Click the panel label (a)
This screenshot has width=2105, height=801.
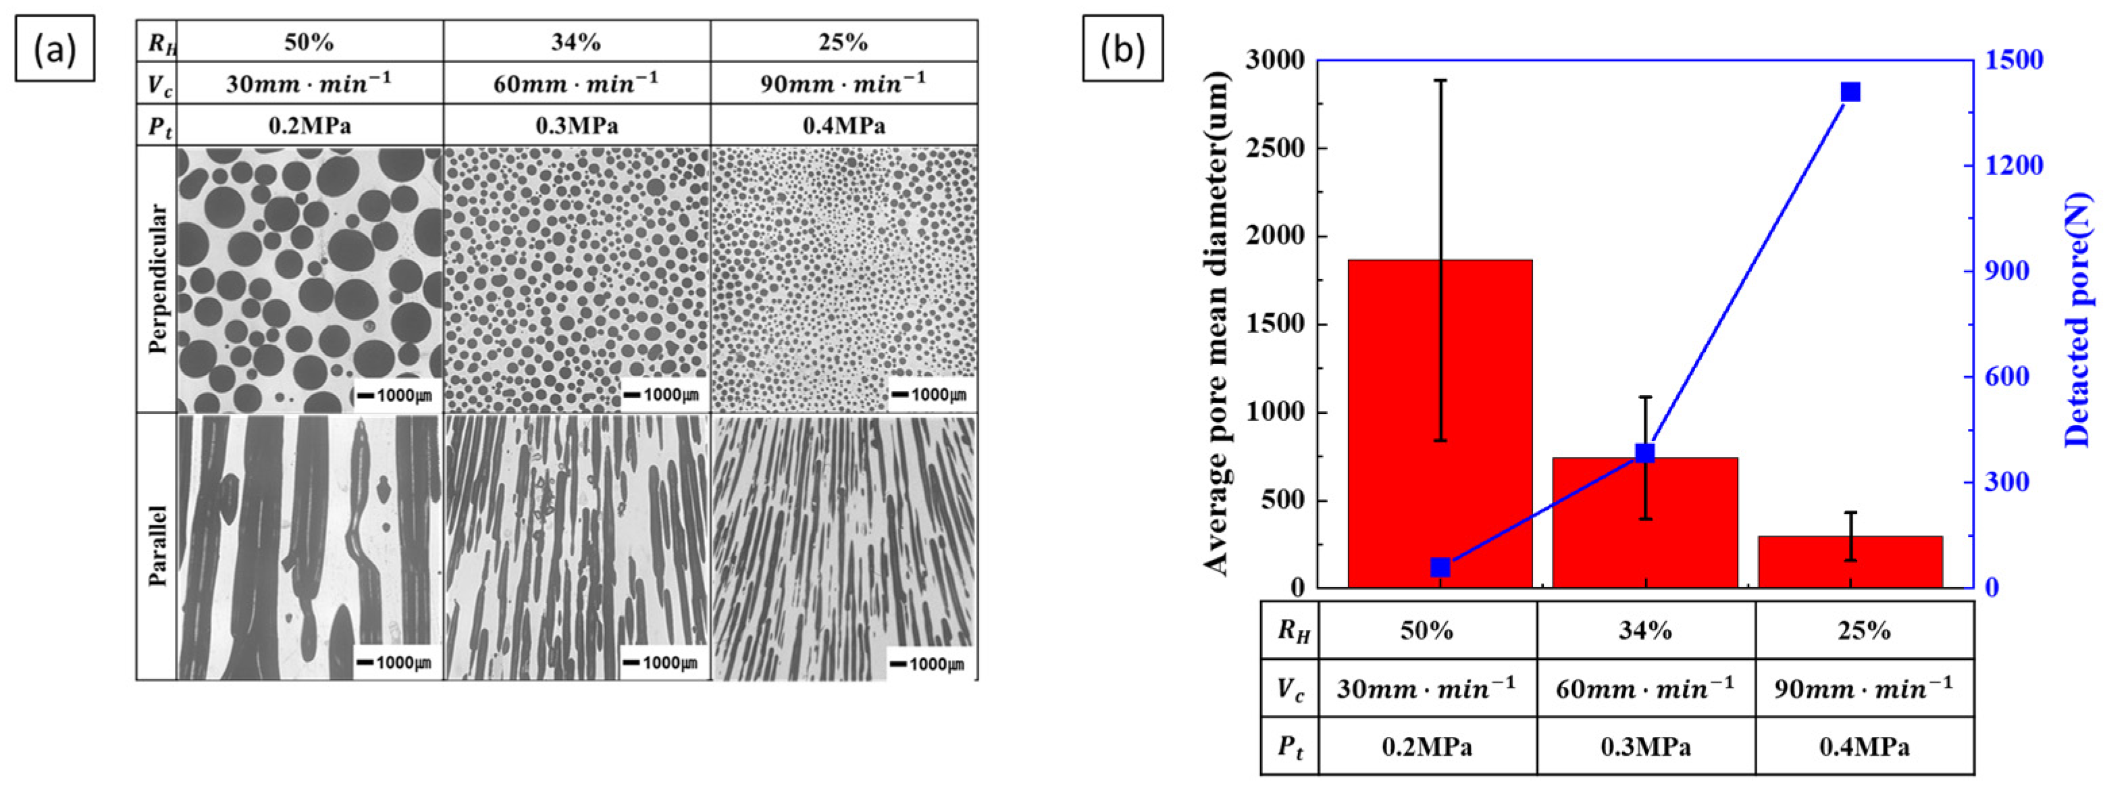pos(55,49)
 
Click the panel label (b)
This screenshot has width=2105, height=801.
pos(1123,49)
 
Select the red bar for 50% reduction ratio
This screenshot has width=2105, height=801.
pos(1440,425)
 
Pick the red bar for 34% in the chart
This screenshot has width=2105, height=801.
pos(1645,523)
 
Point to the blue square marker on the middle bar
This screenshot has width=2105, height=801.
pos(1645,454)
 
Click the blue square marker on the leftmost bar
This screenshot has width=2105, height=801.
pos(1440,567)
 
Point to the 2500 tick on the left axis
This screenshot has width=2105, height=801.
pos(1280,148)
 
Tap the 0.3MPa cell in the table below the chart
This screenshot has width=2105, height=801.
pos(1645,746)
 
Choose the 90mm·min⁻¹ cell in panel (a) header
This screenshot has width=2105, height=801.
pos(843,82)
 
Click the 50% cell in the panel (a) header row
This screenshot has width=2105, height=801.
pos(309,42)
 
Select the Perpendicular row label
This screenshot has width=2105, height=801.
pos(158,278)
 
